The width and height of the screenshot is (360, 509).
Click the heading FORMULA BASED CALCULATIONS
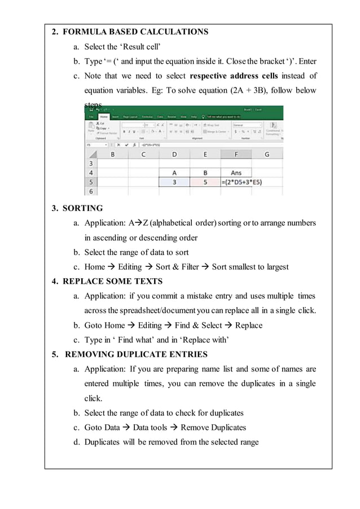coord(135,32)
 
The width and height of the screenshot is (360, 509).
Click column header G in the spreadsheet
coord(266,154)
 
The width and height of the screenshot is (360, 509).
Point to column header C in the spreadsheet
coord(143,154)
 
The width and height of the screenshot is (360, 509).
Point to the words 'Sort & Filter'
coord(177,266)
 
